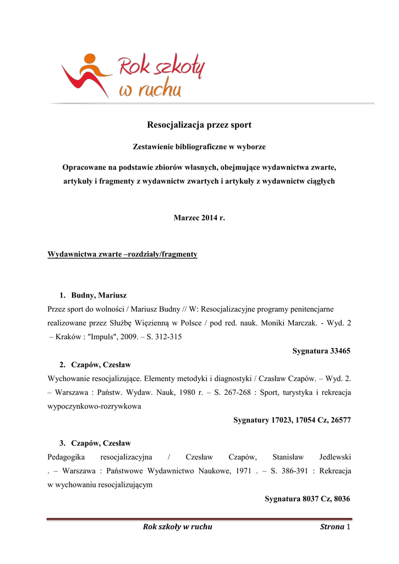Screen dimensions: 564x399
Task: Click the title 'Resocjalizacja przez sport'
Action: [x=199, y=125]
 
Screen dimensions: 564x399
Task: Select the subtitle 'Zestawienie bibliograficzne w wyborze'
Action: [x=199, y=147]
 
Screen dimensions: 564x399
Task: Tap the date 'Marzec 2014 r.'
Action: [x=199, y=218]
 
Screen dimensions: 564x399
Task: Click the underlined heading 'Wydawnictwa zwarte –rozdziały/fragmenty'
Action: [x=123, y=254]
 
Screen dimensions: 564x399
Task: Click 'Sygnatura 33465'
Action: [x=321, y=350]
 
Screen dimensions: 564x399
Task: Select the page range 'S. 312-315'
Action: [x=163, y=337]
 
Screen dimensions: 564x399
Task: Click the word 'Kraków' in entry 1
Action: [x=66, y=337]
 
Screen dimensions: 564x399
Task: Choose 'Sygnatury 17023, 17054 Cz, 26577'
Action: [x=292, y=420]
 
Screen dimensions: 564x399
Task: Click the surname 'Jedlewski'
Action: [x=335, y=457]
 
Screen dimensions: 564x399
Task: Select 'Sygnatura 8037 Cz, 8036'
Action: [x=308, y=498]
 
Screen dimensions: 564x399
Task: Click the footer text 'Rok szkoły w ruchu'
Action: [x=177, y=527]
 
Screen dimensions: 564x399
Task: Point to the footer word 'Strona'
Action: [x=332, y=527]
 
